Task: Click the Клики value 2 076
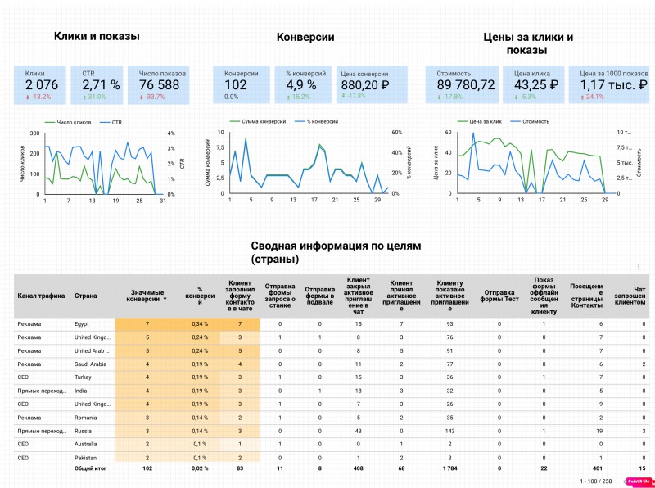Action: click(41, 85)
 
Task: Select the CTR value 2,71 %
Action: click(101, 85)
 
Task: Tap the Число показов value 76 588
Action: click(159, 85)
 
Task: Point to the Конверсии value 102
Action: click(236, 85)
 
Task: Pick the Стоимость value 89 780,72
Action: click(466, 85)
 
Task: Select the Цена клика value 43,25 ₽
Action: click(536, 85)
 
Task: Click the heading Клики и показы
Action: click(97, 36)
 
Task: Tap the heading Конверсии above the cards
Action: click(305, 37)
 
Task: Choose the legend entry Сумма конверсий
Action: click(263, 121)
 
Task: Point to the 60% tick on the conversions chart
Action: click(397, 132)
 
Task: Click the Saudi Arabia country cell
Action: click(91, 364)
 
